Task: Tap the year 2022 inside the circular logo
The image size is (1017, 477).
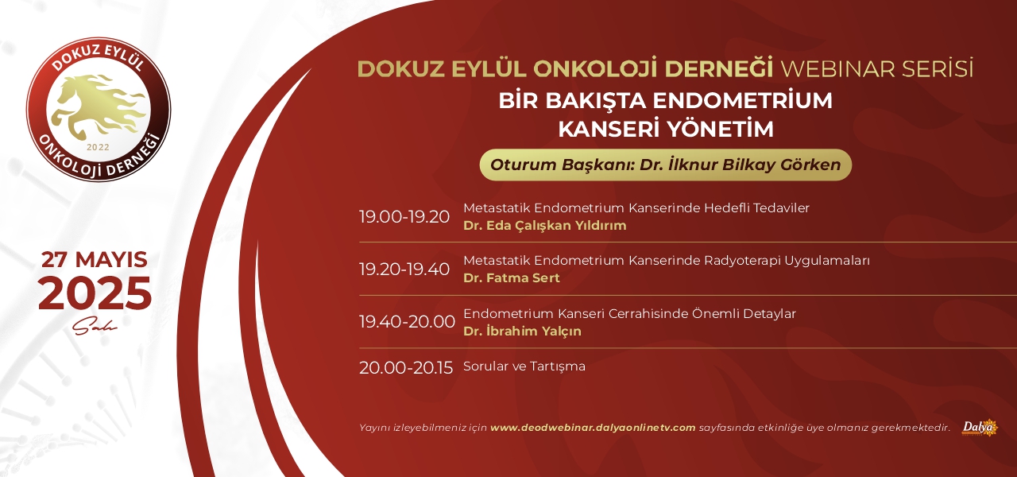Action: pyautogui.click(x=98, y=147)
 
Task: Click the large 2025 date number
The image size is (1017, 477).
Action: pyautogui.click(x=95, y=293)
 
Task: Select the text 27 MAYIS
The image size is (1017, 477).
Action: pyautogui.click(x=95, y=259)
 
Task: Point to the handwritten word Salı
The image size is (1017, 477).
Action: pyautogui.click(x=95, y=325)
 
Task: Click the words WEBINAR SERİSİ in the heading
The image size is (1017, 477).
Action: pyautogui.click(x=876, y=68)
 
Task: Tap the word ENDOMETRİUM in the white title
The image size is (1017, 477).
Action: pyautogui.click(x=743, y=100)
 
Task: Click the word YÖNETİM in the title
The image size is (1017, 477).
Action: pyautogui.click(x=720, y=129)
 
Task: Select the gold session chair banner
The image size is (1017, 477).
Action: pyautogui.click(x=666, y=165)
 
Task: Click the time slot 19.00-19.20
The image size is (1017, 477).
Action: pyautogui.click(x=404, y=217)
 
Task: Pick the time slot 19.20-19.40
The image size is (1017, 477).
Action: pyautogui.click(x=404, y=270)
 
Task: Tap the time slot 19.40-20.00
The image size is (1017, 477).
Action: pyautogui.click(x=407, y=322)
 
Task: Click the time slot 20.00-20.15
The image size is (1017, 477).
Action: pyautogui.click(x=406, y=367)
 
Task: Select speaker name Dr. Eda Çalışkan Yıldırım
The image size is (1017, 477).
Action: pyautogui.click(x=545, y=226)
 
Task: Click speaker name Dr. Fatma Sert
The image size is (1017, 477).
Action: pyautogui.click(x=511, y=277)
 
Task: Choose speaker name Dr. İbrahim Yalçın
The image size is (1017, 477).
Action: pyautogui.click(x=522, y=331)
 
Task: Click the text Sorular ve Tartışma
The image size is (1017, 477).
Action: pyautogui.click(x=524, y=366)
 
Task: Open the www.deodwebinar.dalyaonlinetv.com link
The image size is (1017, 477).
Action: pyautogui.click(x=593, y=428)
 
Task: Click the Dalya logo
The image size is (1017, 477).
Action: pyautogui.click(x=980, y=428)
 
